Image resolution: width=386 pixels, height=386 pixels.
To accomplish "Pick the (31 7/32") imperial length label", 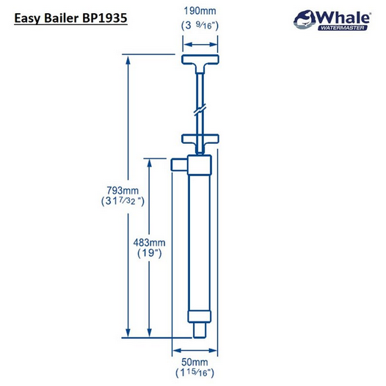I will click(x=121, y=200).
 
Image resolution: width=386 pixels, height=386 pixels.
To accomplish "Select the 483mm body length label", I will click(x=152, y=242).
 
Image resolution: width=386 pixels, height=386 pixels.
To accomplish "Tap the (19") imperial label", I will click(x=152, y=254).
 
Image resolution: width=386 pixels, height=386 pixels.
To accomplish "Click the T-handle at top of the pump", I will click(x=200, y=64).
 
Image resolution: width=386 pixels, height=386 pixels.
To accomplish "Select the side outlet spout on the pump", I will click(x=178, y=166).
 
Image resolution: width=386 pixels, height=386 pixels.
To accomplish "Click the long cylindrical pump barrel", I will click(x=200, y=242).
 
